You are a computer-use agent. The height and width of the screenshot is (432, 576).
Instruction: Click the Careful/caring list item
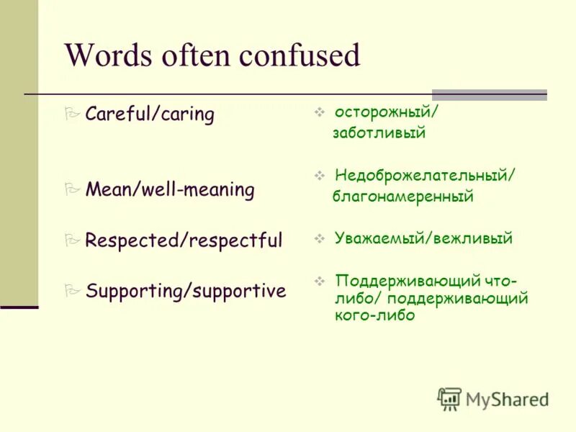tap(149, 114)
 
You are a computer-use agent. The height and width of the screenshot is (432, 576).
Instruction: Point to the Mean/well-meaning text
tap(169, 190)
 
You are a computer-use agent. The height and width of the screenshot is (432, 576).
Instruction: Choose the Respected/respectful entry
tap(184, 240)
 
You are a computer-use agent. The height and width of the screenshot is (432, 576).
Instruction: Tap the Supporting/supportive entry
tap(185, 291)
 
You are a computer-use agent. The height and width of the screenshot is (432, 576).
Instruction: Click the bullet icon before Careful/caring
tap(71, 114)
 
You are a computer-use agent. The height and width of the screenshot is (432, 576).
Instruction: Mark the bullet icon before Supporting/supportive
tap(71, 291)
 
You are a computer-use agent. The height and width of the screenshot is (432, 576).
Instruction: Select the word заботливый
tap(379, 133)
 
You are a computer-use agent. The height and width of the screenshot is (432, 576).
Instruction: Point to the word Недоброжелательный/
tap(425, 176)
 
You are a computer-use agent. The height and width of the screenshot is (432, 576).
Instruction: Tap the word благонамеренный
tap(402, 197)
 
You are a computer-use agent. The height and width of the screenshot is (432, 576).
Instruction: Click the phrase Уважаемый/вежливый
tap(423, 239)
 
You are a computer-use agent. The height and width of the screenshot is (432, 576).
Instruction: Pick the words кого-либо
tap(374, 316)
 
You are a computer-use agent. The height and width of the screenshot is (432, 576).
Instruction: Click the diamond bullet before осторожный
tap(320, 113)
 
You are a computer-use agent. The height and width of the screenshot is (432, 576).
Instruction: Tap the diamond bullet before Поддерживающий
tap(320, 280)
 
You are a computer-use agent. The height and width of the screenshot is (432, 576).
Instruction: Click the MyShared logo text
tap(507, 400)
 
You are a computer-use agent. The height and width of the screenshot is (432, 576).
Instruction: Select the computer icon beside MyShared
tap(449, 399)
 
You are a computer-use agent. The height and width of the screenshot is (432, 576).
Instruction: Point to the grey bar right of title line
tap(489, 94)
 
